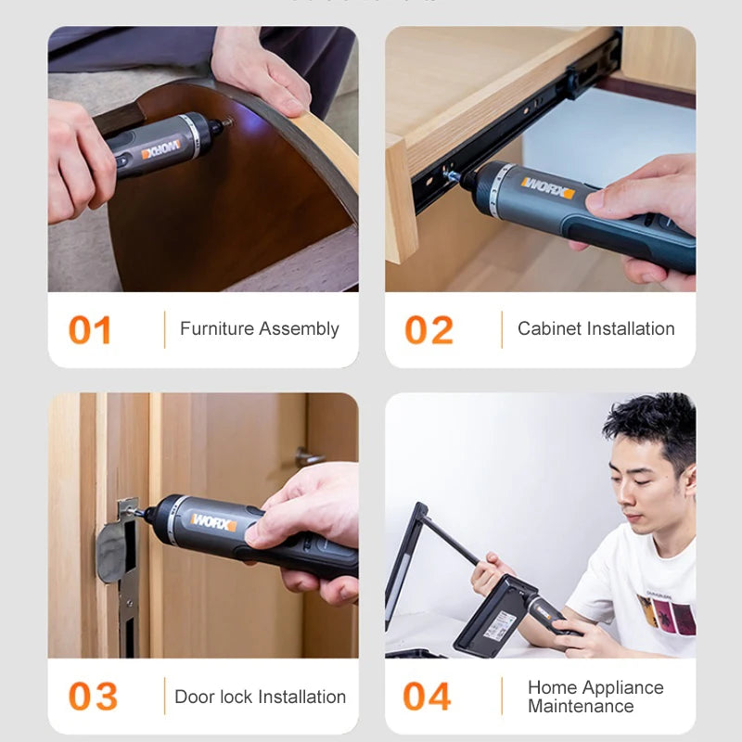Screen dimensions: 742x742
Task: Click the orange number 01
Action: click(90, 330)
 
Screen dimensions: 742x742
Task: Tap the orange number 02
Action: click(429, 330)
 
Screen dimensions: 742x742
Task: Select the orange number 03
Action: click(93, 697)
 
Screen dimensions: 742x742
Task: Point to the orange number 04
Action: click(428, 697)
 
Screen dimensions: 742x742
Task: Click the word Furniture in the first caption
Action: click(216, 329)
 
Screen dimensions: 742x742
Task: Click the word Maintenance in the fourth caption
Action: click(582, 707)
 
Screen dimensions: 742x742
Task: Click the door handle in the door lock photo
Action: click(310, 457)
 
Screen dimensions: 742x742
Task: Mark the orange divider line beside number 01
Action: click(164, 330)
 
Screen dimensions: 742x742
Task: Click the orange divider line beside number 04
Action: click(502, 697)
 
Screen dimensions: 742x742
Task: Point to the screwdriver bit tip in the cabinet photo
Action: click(452, 174)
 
